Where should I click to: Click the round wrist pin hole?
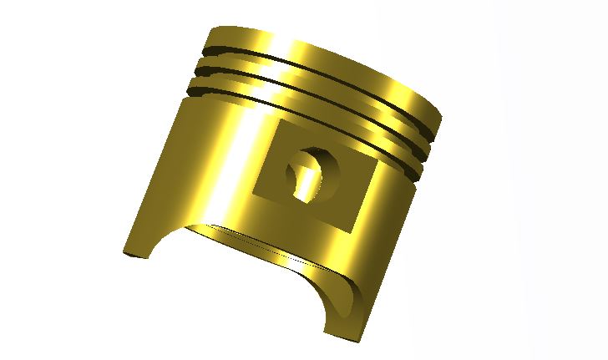(314, 175)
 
